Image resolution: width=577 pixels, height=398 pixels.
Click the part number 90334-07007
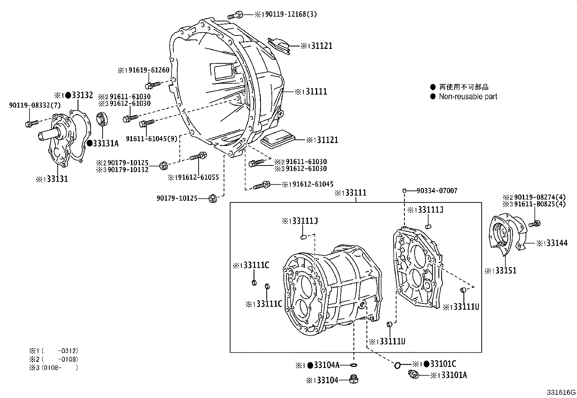coord(437,190)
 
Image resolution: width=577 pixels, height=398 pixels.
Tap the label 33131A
coord(105,143)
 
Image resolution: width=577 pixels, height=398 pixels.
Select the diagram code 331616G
coord(561,393)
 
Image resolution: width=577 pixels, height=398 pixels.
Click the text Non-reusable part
coord(468,97)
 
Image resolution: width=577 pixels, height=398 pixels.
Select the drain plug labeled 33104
coord(354,380)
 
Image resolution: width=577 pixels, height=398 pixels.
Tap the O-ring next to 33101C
coord(397,365)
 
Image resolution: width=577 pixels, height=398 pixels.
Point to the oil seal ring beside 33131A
coord(102,120)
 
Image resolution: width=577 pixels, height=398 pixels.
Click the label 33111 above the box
coord(355,193)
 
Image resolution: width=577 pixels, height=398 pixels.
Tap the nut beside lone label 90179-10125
coord(213,198)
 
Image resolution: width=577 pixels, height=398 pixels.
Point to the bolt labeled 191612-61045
coord(261,185)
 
